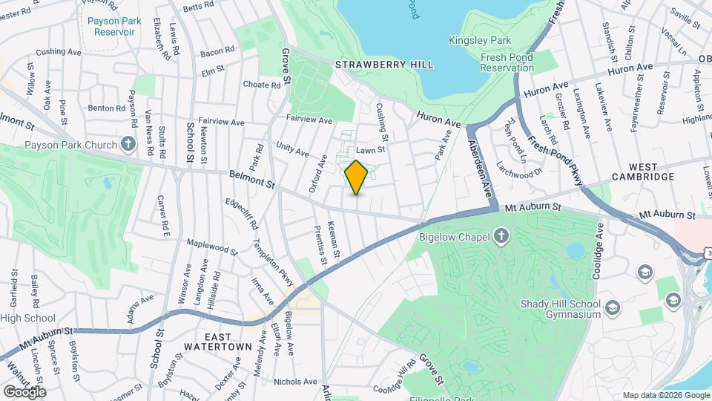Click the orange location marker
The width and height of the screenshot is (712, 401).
point(357,177)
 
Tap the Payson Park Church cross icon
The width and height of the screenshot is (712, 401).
point(128,143)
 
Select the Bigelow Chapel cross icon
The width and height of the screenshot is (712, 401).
point(501,237)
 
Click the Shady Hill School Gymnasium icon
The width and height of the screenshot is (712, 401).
point(613,306)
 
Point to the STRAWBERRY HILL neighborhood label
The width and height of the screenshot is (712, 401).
point(384,65)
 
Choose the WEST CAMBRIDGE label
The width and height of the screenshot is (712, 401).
point(642,177)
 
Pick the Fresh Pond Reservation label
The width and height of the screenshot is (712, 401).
point(507,62)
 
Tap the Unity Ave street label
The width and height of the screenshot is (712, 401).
point(291,149)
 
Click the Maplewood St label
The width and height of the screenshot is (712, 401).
point(211,247)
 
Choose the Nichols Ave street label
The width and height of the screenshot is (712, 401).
point(295,382)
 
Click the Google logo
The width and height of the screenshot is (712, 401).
point(24,391)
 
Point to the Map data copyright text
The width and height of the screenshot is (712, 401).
point(665,395)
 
